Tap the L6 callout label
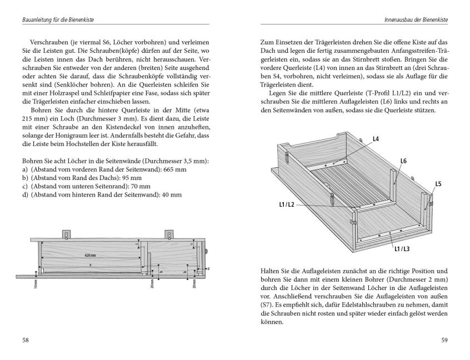[403, 161]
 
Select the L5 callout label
[438, 183]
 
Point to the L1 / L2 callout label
[287, 205]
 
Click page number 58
[26, 340]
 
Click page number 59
[444, 340]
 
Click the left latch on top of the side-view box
[67, 234]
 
